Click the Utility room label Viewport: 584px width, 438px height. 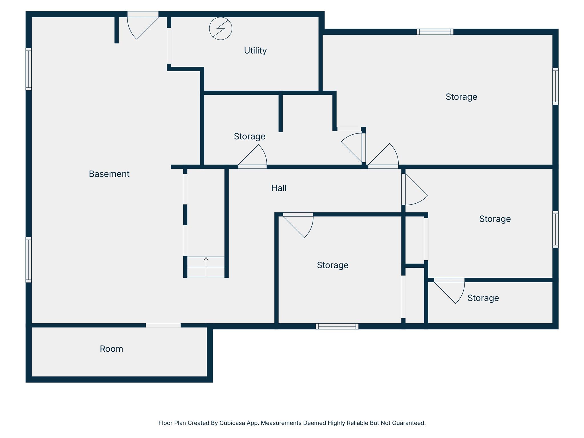[x=255, y=50]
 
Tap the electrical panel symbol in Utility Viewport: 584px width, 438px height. [x=221, y=29]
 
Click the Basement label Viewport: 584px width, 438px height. [x=109, y=174]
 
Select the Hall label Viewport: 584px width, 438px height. [x=279, y=188]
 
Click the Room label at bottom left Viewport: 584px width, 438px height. [x=111, y=349]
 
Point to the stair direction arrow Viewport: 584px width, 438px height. [x=206, y=267]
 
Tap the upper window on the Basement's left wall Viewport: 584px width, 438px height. [x=29, y=69]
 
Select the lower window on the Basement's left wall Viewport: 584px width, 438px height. [x=29, y=260]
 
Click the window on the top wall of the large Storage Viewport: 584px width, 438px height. [x=435, y=32]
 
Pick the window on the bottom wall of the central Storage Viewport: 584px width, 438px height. [x=337, y=326]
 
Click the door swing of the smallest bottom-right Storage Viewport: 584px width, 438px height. [x=449, y=291]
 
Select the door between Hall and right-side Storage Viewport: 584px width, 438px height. [x=414, y=189]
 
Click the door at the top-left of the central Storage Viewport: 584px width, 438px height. [x=298, y=225]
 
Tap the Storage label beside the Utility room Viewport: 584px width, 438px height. [x=250, y=136]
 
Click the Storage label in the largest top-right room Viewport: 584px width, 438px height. [x=461, y=97]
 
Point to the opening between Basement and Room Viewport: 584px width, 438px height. [x=163, y=325]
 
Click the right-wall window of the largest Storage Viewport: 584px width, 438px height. [x=555, y=86]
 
